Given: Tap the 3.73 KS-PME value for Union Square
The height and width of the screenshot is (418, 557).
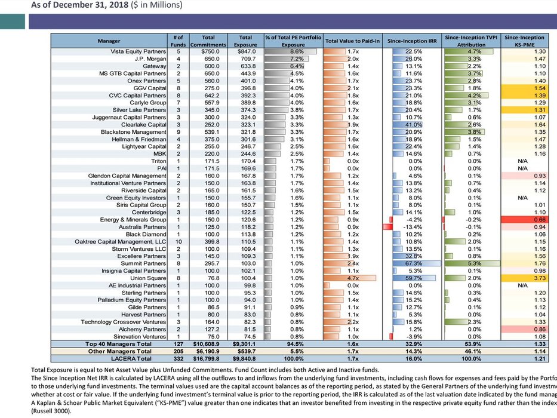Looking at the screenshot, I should [x=524, y=278].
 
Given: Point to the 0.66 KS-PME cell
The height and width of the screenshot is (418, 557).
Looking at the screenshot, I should [x=524, y=220].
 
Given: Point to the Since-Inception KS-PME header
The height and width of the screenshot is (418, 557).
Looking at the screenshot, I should [x=524, y=41].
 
